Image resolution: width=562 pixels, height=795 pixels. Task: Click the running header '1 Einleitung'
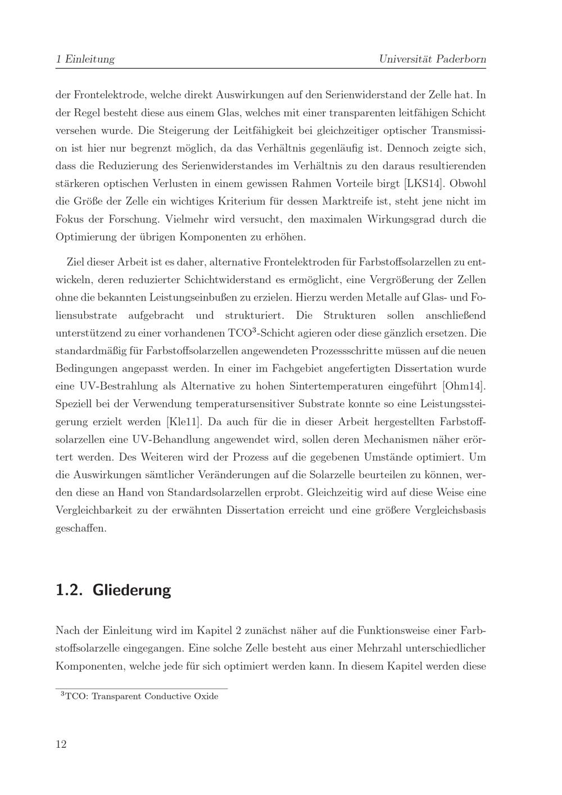click(85, 59)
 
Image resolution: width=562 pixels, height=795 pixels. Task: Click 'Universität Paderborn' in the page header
click(432, 59)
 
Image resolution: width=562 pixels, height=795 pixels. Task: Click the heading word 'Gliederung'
click(132, 590)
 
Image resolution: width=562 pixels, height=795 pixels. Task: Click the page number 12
click(61, 744)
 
